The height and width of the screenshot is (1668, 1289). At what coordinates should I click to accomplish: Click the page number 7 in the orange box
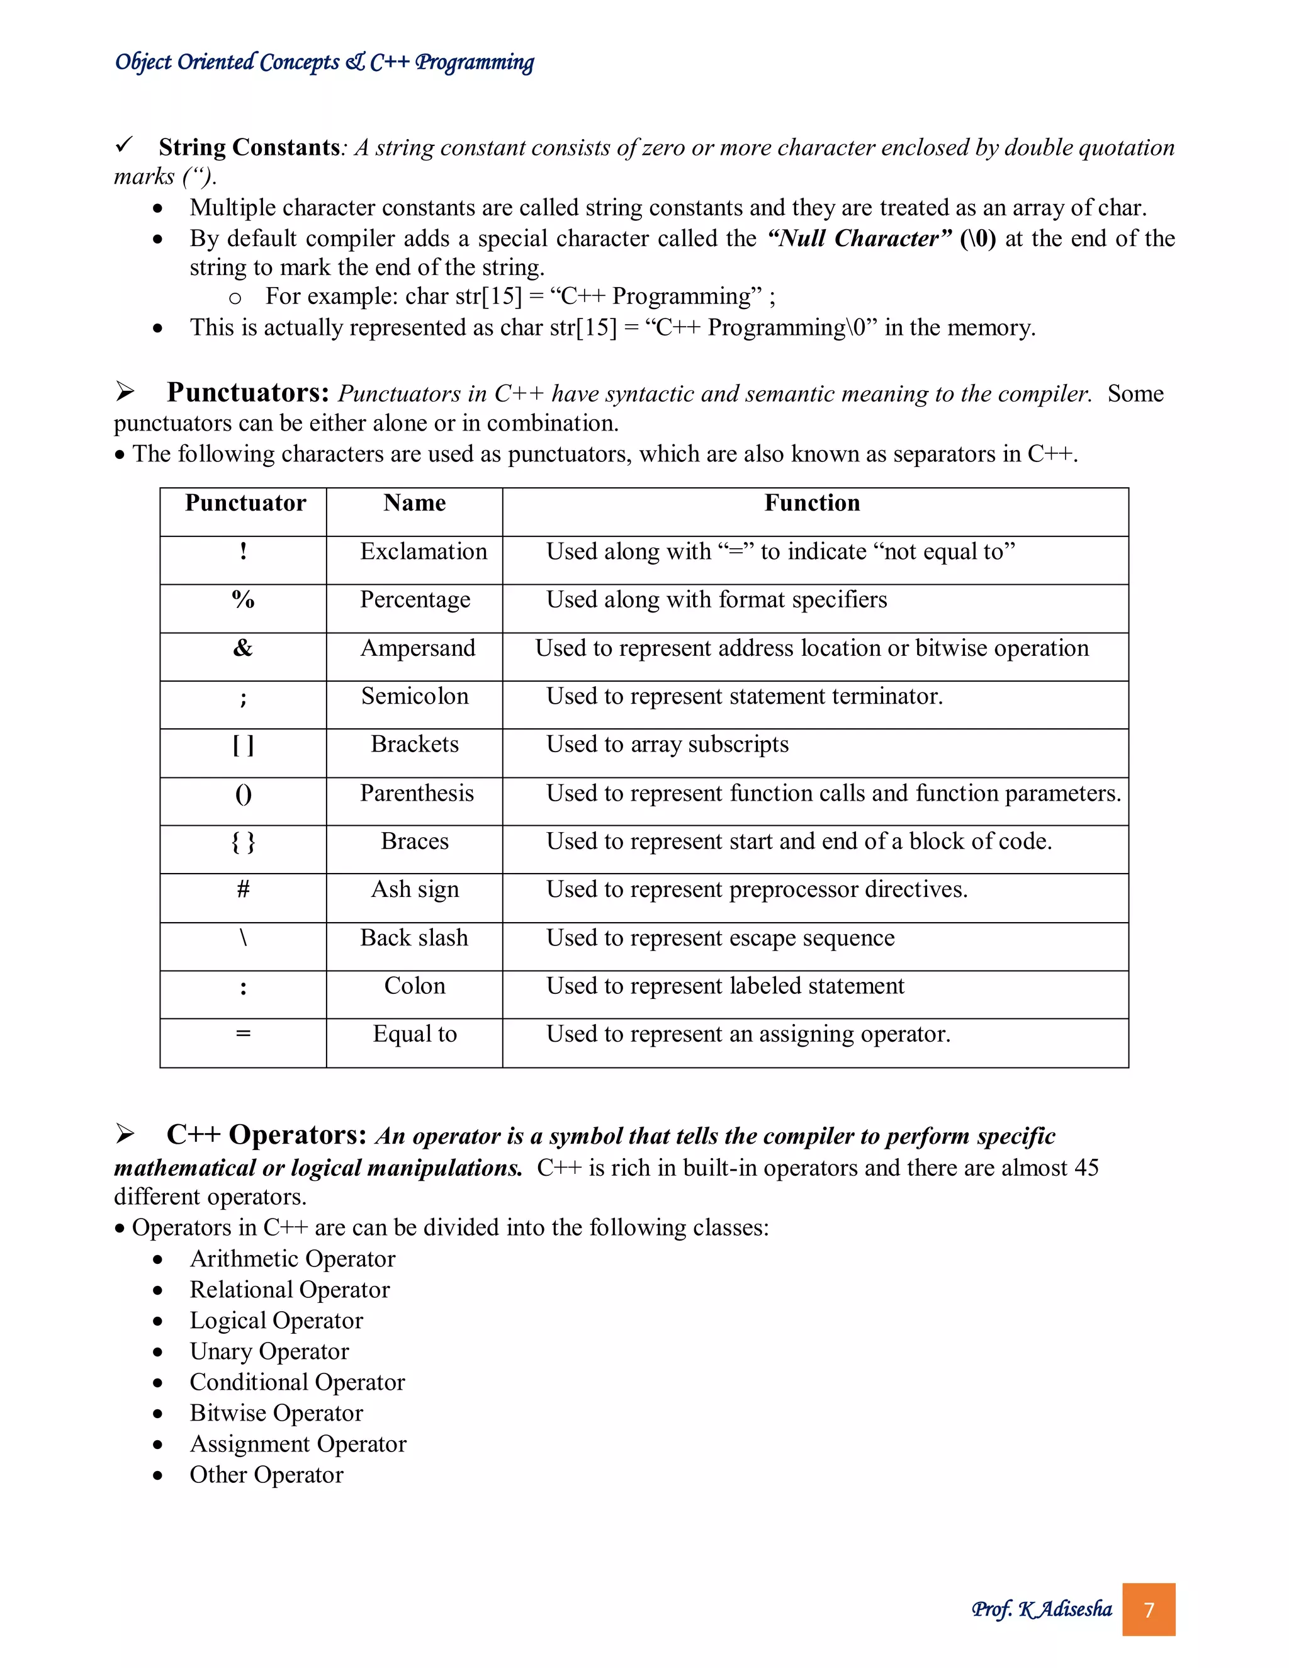tap(1149, 1610)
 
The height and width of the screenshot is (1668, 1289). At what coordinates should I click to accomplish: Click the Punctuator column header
tap(245, 504)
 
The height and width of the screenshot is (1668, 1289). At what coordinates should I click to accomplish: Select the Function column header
tap(812, 504)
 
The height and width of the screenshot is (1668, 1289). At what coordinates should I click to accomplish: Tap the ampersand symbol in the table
tap(243, 648)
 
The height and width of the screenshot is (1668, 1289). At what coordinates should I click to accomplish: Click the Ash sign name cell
tap(415, 890)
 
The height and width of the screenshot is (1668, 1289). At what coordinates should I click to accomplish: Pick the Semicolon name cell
tap(415, 697)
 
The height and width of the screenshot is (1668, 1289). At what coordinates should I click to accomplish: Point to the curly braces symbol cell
tap(243, 842)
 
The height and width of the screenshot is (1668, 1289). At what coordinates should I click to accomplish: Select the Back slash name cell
tap(414, 938)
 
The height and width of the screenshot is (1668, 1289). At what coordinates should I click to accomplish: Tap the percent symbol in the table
tap(243, 600)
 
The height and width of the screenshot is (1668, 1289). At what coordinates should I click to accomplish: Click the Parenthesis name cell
tap(417, 794)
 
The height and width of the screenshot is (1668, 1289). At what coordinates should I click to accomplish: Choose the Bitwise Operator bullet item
tap(276, 1413)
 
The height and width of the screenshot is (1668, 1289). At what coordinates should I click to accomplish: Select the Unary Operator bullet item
tap(269, 1351)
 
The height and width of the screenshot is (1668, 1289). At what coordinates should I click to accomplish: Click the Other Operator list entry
tap(266, 1475)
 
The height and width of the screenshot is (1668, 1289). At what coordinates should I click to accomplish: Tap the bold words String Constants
tap(249, 147)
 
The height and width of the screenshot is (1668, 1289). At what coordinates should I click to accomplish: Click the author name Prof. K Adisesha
tap(1042, 1609)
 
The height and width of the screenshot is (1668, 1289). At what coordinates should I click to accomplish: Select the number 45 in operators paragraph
tap(1085, 1168)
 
